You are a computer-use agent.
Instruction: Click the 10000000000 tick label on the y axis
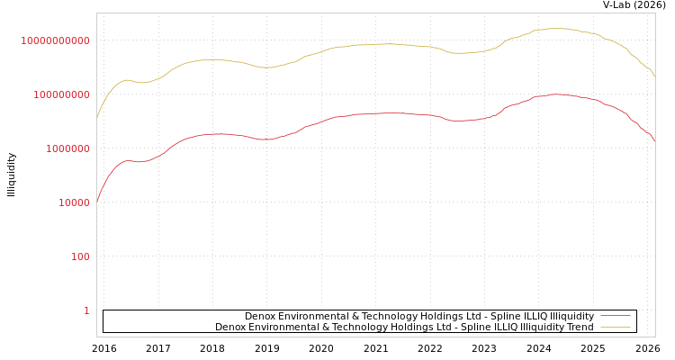(55, 40)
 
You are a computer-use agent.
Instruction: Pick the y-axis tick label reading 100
(80, 256)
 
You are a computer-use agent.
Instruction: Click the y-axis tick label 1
(86, 310)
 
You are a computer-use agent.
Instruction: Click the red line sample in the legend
(615, 316)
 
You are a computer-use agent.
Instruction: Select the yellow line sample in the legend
(615, 327)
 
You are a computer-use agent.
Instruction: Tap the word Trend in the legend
(580, 327)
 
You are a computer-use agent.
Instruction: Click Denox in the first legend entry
(261, 316)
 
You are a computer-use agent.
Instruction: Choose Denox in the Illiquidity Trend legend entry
(231, 327)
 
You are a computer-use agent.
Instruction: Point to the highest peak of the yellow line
(555, 28)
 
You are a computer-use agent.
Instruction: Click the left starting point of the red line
(97, 202)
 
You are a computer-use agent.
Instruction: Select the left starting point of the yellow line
(97, 118)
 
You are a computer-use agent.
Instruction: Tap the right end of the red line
(654, 142)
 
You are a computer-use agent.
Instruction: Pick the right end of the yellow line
(654, 76)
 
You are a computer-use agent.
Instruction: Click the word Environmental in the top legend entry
(313, 316)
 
